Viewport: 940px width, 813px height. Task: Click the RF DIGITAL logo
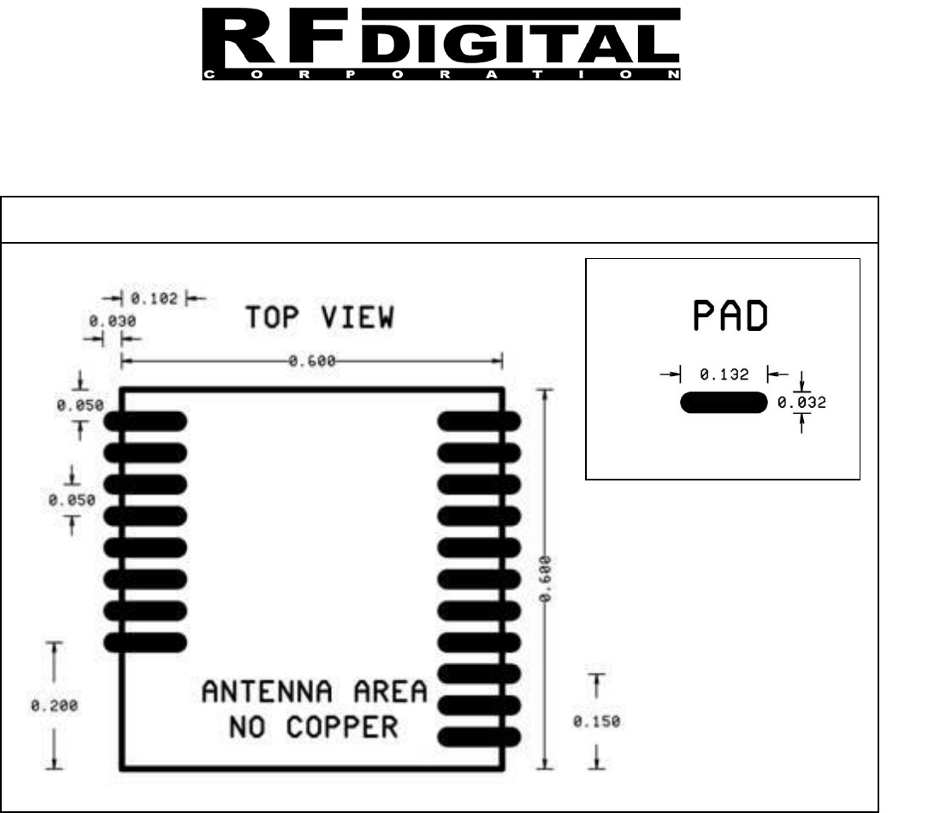click(x=441, y=42)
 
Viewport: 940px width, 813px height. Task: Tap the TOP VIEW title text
click(x=321, y=318)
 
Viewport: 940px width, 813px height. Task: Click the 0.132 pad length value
click(x=724, y=374)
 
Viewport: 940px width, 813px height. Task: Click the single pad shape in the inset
click(x=723, y=403)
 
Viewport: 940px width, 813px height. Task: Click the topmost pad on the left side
click(x=145, y=420)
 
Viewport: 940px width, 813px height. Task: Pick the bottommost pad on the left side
click(x=145, y=641)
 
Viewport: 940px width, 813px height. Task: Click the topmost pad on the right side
click(x=479, y=420)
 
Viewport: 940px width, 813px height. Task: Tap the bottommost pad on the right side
click(x=479, y=736)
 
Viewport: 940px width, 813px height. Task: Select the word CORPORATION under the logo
click(x=441, y=75)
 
